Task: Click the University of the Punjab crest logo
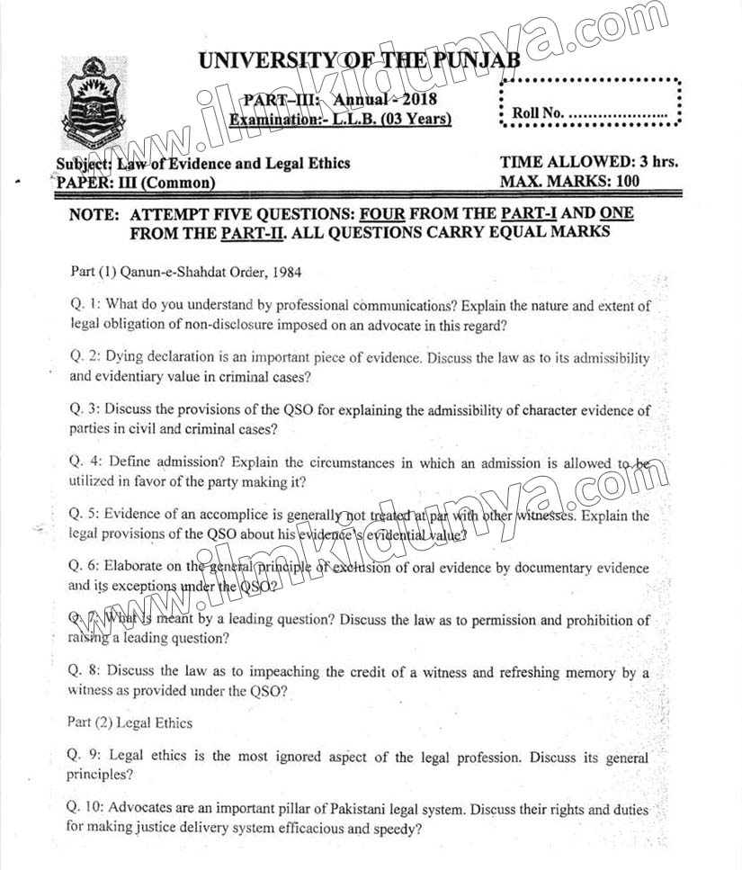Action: tap(94, 102)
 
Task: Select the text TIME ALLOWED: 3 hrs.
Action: tap(588, 163)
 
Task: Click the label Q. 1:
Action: tap(87, 306)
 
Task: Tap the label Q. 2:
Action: tap(87, 358)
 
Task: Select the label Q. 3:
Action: tap(87, 410)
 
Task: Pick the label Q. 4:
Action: tap(87, 462)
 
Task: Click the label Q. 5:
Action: tap(87, 516)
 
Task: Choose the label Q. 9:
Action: tap(87, 757)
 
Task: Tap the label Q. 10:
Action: tap(91, 810)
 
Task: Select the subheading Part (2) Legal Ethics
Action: tap(130, 722)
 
